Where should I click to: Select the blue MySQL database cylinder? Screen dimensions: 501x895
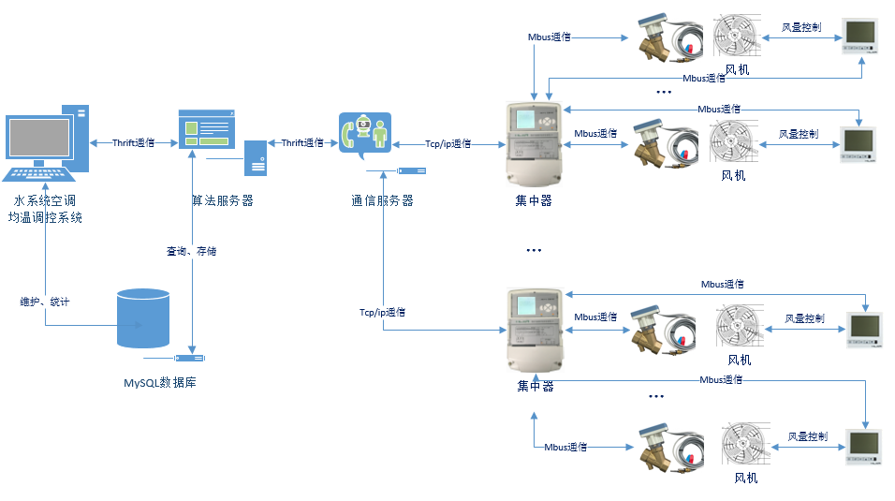pyautogui.click(x=143, y=318)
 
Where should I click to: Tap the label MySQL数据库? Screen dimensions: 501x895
pyautogui.click(x=159, y=383)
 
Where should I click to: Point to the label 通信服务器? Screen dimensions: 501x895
pyautogui.click(x=382, y=200)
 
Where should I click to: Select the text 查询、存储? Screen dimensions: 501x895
pyautogui.click(x=192, y=252)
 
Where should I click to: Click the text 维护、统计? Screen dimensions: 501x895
pyautogui.click(x=45, y=302)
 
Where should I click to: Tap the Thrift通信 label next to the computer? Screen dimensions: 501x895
pyautogui.click(x=133, y=143)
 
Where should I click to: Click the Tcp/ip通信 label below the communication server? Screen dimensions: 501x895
pyautogui.click(x=382, y=312)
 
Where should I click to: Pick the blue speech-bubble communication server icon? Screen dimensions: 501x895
pyautogui.click(x=365, y=135)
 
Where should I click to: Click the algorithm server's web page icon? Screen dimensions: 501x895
pyautogui.click(x=206, y=128)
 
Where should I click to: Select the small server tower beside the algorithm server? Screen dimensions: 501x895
pyautogui.click(x=256, y=158)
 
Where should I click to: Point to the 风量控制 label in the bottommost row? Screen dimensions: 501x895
pyautogui.click(x=807, y=436)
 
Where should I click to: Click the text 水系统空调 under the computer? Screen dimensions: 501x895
pyautogui.click(x=45, y=201)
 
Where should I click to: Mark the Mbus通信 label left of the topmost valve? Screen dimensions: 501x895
pyautogui.click(x=550, y=37)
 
